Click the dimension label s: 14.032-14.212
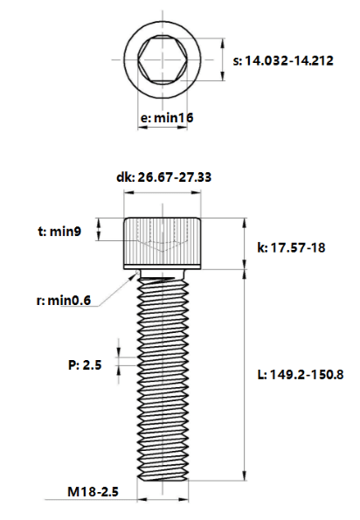click(283, 61)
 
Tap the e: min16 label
click(167, 118)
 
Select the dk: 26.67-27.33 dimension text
click(163, 177)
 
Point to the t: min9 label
click(59, 231)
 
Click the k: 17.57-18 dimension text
click(291, 247)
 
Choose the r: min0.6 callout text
click(63, 301)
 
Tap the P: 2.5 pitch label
click(85, 365)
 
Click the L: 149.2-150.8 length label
click(301, 375)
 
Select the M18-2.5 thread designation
click(93, 492)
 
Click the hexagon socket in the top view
click(163, 59)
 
